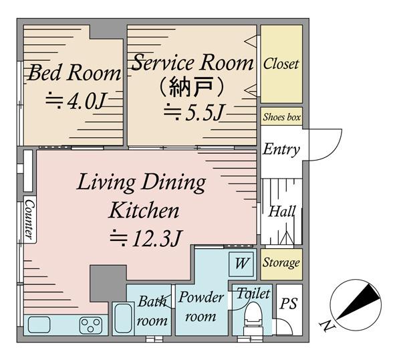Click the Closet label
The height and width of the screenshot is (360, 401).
pyautogui.click(x=281, y=64)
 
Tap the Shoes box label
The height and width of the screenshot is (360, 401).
pyautogui.click(x=281, y=117)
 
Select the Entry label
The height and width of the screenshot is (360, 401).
pyautogui.click(x=281, y=149)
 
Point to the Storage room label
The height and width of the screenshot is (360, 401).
pyautogui.click(x=281, y=263)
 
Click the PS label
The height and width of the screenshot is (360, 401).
pyautogui.click(x=289, y=304)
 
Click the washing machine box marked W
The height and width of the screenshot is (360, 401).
pyautogui.click(x=241, y=264)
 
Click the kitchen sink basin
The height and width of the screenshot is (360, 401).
pyautogui.click(x=39, y=325)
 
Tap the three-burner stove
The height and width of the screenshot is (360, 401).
pyautogui.click(x=91, y=325)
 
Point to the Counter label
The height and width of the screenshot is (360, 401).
pyautogui.click(x=29, y=219)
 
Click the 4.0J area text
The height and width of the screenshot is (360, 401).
pyautogui.click(x=76, y=102)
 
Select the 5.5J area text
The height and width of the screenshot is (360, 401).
pyautogui.click(x=194, y=112)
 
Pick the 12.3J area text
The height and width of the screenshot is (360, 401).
pyautogui.click(x=146, y=238)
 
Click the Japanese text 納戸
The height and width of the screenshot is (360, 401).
pyautogui.click(x=191, y=87)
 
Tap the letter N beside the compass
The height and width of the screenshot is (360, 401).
pyautogui.click(x=327, y=326)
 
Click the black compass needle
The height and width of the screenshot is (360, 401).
pyautogui.click(x=358, y=302)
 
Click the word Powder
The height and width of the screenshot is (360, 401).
pyautogui.click(x=201, y=298)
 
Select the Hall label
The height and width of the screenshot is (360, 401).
pyautogui.click(x=282, y=211)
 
